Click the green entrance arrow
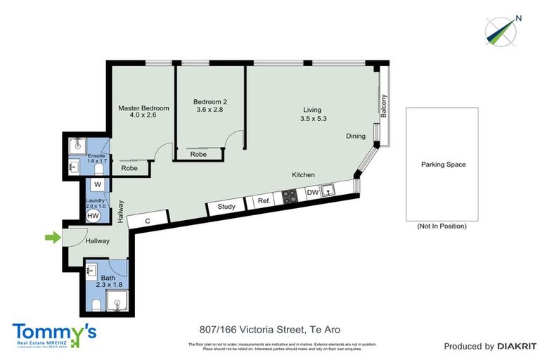[53, 238]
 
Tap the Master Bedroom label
[143, 112]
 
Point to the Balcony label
[383, 105]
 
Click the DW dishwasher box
[313, 192]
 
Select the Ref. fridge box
[264, 201]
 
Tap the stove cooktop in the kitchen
[290, 195]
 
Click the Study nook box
[226, 207]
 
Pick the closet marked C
[148, 220]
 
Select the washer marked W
[98, 185]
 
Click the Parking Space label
[443, 165]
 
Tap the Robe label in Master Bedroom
[129, 168]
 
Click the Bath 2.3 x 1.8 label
[108, 282]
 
